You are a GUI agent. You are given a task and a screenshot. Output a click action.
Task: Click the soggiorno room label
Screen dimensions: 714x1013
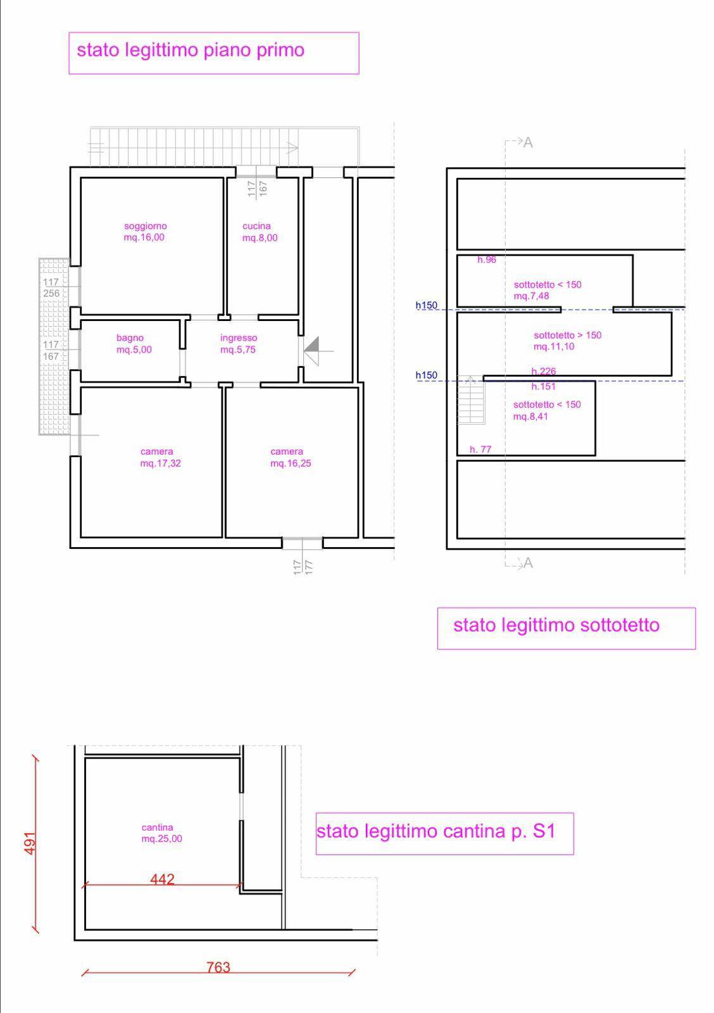[145, 232]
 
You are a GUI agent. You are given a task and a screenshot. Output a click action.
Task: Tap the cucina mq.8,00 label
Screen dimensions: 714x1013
[260, 232]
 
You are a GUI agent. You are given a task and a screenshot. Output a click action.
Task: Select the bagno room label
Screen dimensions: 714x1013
[134, 344]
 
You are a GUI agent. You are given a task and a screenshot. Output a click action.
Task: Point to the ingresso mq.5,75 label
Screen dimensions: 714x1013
[238, 344]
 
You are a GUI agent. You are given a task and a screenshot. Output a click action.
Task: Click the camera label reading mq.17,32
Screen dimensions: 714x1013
[160, 457]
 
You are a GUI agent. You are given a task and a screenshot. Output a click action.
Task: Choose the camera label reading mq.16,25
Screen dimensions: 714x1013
[291, 457]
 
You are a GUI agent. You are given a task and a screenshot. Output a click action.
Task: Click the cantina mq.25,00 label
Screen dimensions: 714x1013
[161, 833]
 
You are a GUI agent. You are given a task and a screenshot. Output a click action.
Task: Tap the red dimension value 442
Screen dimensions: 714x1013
[162, 879]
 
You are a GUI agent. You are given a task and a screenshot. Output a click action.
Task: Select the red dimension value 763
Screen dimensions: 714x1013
[218, 967]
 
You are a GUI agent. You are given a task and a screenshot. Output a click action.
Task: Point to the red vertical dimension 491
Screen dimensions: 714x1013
[30, 843]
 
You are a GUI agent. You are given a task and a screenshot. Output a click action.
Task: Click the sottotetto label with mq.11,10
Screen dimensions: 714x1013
[568, 341]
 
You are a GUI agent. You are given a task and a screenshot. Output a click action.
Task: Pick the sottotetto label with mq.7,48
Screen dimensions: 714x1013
[548, 291]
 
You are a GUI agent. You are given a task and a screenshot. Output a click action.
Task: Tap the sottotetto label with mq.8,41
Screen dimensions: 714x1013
[547, 411]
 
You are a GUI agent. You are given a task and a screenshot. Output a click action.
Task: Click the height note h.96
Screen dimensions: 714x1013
[487, 260]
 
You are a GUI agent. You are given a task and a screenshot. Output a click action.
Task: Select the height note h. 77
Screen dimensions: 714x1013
[480, 450]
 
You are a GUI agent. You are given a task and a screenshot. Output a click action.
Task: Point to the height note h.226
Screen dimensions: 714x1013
[544, 371]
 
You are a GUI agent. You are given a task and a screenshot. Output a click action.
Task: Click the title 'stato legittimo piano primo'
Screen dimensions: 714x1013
[191, 50]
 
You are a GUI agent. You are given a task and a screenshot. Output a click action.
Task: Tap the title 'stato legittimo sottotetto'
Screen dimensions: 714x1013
[556, 625]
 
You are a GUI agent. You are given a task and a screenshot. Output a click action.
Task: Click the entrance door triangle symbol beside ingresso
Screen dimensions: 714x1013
[313, 351]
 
